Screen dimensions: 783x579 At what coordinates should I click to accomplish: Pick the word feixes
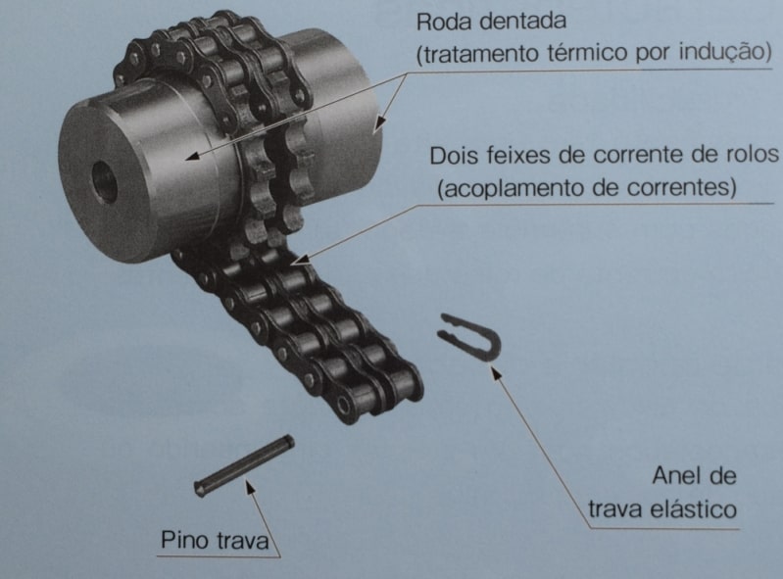pos(514,155)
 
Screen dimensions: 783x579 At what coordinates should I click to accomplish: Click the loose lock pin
pos(244,465)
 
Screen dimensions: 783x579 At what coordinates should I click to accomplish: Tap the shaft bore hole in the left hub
pos(104,181)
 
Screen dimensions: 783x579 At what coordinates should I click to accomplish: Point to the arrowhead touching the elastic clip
pos(495,372)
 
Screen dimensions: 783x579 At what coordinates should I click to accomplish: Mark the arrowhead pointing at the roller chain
pos(300,259)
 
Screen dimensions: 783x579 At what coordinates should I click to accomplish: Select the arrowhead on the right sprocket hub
pos(379,123)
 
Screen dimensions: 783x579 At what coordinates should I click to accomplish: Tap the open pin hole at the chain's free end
pos(344,404)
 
